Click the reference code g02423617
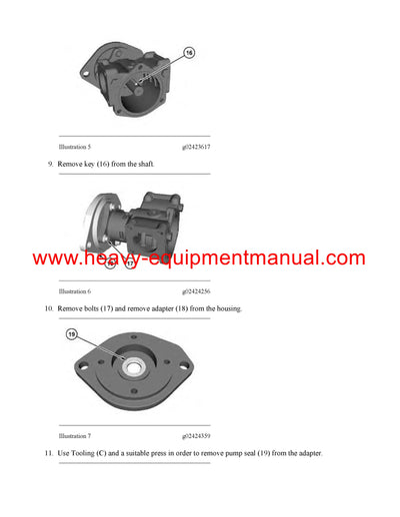tap(197, 147)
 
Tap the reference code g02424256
tap(197, 291)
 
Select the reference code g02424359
tap(197, 436)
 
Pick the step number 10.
tap(48, 308)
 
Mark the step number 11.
tap(48, 454)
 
